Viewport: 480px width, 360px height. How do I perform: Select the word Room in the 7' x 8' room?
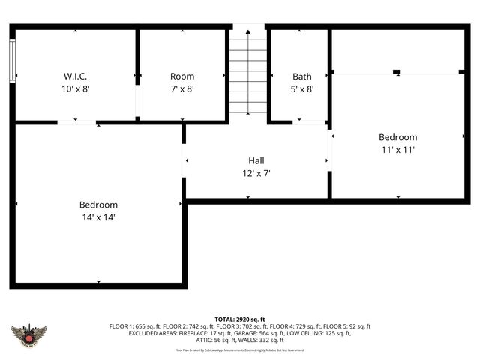182,76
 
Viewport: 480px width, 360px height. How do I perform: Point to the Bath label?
302,76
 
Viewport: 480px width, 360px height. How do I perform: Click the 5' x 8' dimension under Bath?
302,88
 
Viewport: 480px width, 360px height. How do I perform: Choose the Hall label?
256,160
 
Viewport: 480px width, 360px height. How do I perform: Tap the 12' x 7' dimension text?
256,172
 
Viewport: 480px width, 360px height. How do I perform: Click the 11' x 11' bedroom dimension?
397,149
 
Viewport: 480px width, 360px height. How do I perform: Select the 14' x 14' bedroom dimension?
98,217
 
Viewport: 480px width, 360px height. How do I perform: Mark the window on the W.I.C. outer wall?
12,60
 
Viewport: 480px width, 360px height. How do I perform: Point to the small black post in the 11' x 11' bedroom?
397,72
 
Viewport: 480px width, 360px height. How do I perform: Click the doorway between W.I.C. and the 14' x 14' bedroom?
76,122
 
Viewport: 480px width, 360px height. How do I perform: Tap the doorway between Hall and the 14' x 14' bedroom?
184,160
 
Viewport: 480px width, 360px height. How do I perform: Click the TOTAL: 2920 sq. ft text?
240,319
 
